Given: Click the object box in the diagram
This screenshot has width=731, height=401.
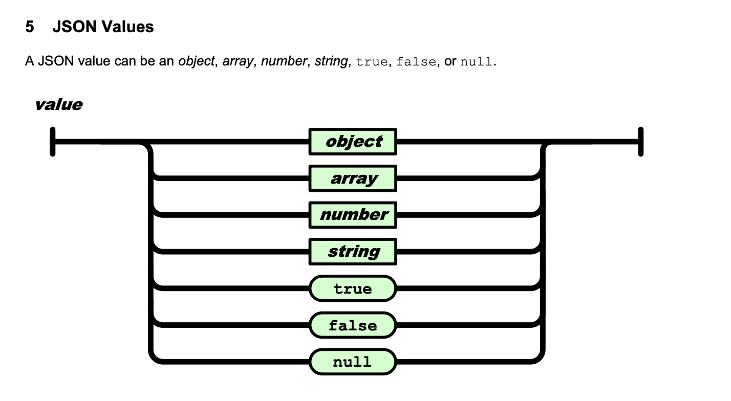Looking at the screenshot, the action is [353, 142].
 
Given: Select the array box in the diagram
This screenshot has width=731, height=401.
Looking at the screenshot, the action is [353, 179].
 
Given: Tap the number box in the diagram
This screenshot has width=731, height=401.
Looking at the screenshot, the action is [353, 215].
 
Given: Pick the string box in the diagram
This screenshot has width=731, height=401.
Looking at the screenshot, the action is [353, 252].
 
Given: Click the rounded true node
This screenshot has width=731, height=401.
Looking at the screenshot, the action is [353, 288].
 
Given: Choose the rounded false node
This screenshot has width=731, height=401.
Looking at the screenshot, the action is [353, 325].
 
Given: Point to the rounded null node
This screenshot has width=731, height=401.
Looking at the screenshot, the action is [353, 362].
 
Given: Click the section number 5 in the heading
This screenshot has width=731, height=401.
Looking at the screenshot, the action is [30, 27].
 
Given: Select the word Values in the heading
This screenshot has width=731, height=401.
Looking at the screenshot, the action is [128, 27].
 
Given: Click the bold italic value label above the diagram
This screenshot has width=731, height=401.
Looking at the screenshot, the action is [59, 105].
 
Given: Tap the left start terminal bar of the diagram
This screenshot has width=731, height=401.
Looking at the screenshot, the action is [53, 142].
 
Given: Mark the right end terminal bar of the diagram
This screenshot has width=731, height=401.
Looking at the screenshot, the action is [640, 142].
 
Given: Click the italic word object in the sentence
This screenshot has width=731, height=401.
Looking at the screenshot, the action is [197, 61].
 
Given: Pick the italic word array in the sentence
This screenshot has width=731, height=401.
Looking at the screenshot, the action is [238, 61].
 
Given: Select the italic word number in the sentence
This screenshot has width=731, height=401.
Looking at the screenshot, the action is [284, 61].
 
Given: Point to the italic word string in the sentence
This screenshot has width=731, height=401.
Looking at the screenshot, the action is [331, 61].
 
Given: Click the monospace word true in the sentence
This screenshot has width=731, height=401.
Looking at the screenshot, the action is [372, 61].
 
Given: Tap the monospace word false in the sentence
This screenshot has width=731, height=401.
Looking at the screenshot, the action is [416, 61].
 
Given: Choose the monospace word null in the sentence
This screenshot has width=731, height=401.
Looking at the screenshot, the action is [476, 61].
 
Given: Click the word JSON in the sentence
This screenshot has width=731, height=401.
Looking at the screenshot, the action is [56, 61].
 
